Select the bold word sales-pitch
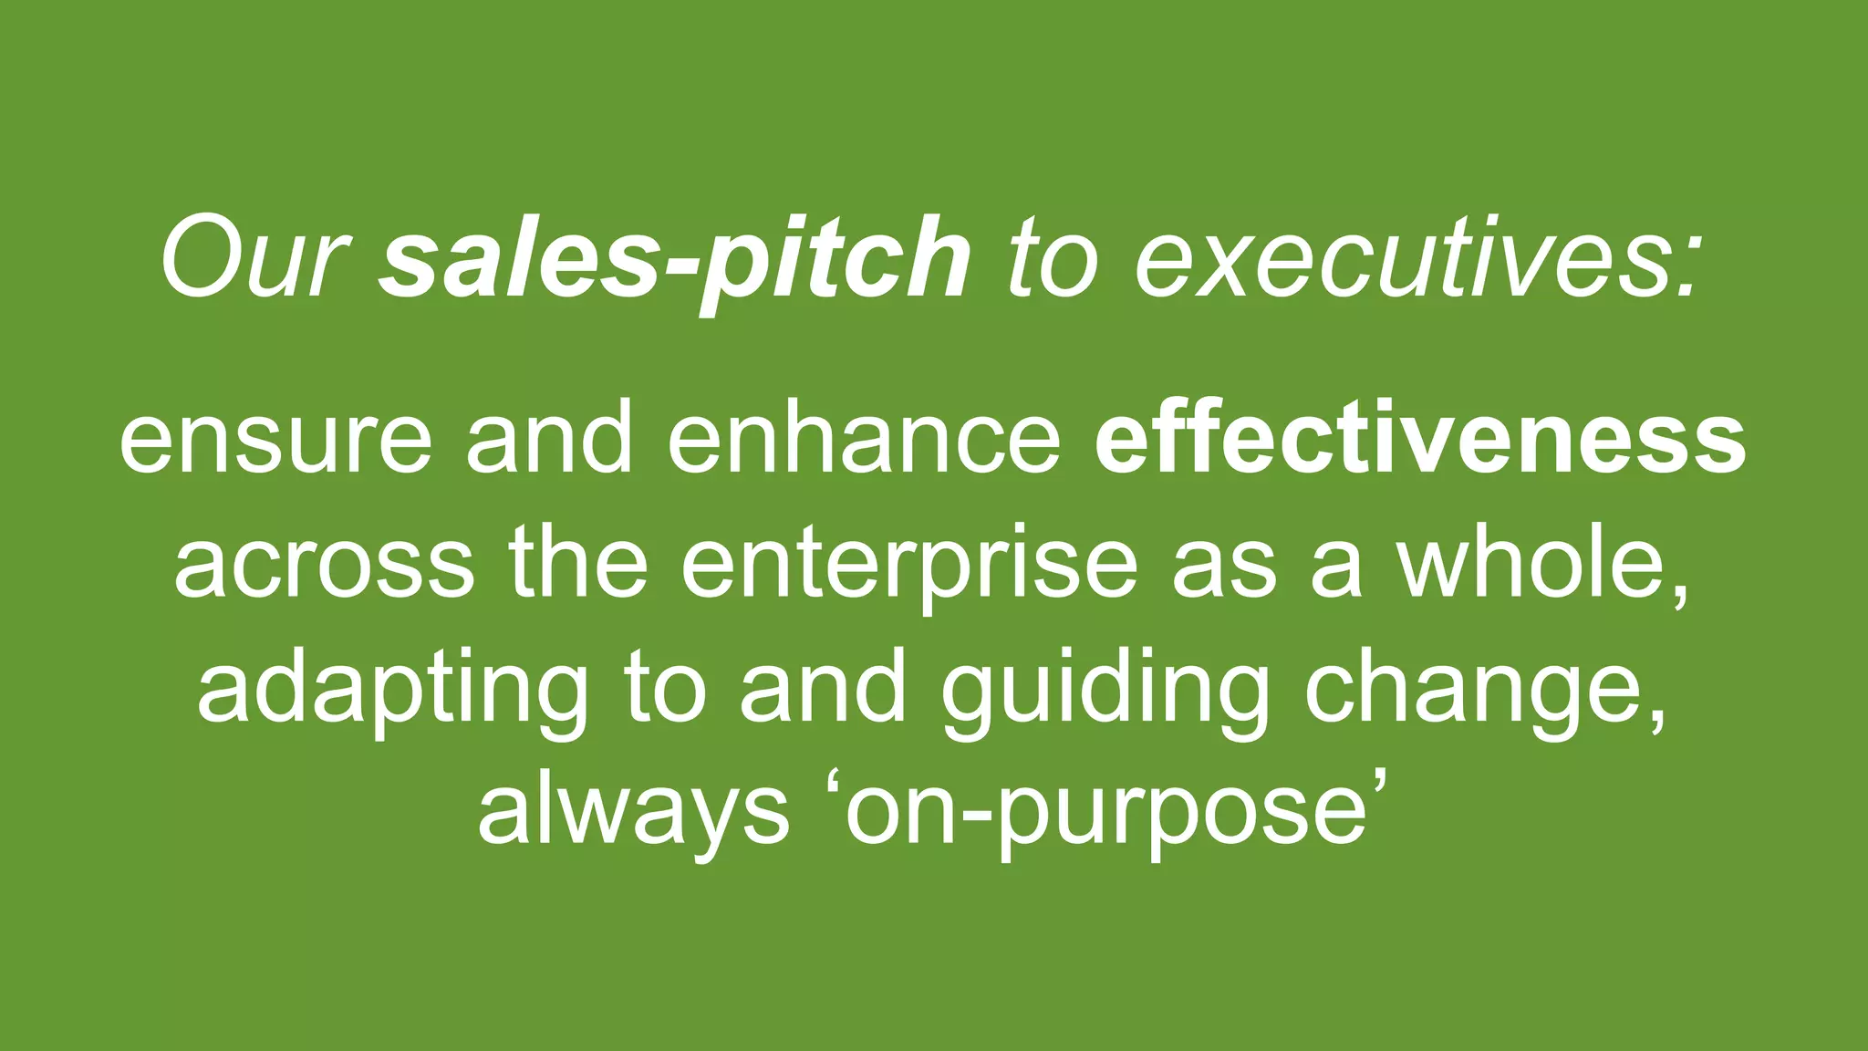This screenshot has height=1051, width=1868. click(x=675, y=259)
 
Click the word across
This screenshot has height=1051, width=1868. click(x=324, y=564)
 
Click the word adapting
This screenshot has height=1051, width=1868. click(x=393, y=690)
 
